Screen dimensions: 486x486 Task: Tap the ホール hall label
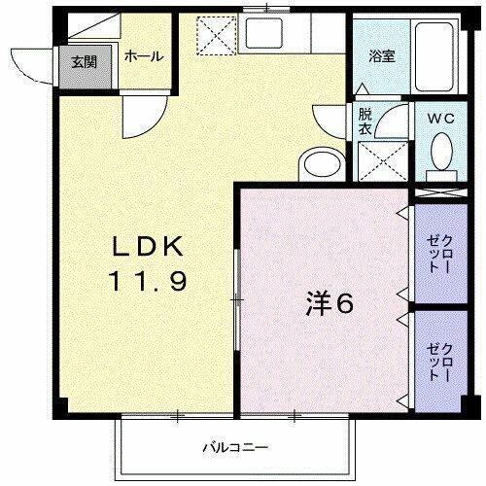[143, 56]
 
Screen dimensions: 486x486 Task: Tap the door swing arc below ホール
[142, 118]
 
